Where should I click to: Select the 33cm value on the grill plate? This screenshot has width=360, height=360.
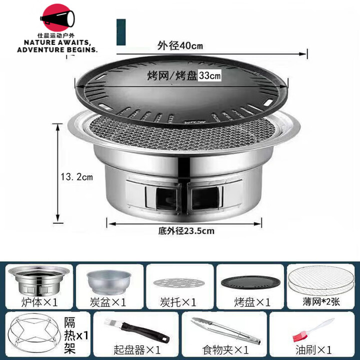(210, 76)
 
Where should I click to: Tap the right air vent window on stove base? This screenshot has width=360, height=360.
(205, 197)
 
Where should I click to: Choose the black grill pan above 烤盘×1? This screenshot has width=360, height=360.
(250, 282)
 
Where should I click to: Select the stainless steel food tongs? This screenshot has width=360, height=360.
(225, 330)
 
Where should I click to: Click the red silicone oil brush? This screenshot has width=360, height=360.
(310, 330)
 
